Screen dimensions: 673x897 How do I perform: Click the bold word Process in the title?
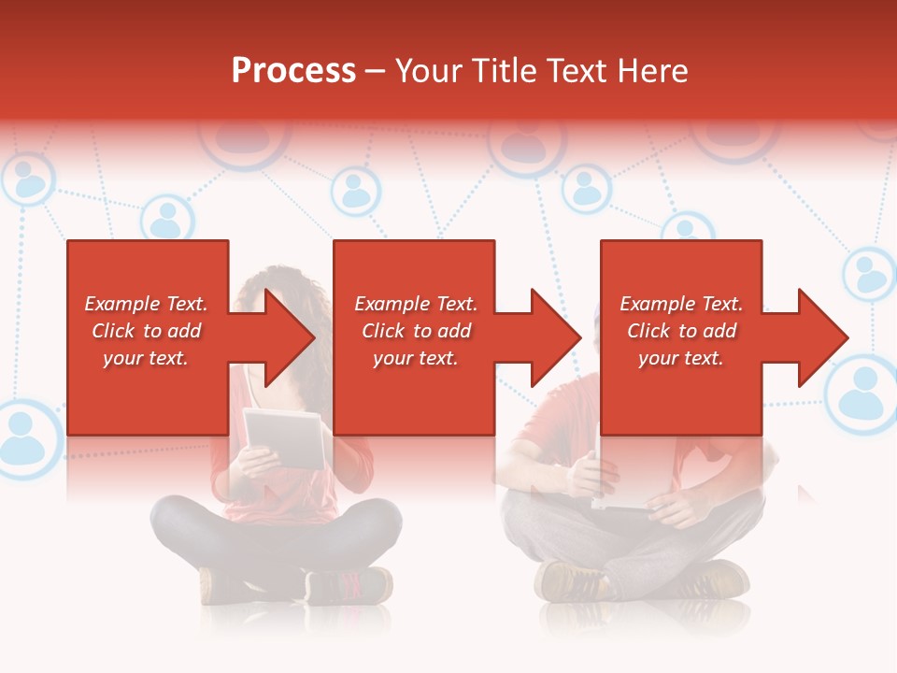pyautogui.click(x=293, y=71)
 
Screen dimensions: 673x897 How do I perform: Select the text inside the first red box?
pyautogui.click(x=146, y=331)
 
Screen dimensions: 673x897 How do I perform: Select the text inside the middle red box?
pyautogui.click(x=415, y=331)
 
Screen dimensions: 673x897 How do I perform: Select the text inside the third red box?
pyautogui.click(x=681, y=331)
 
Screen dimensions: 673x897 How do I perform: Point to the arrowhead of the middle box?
pyautogui.click(x=555, y=337)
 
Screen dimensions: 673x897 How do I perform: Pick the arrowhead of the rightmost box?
pyautogui.click(x=822, y=337)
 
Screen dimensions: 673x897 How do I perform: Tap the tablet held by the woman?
pyautogui.click(x=285, y=437)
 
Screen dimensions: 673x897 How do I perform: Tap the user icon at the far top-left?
pyautogui.click(x=28, y=180)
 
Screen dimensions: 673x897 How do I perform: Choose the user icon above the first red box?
pyautogui.click(x=166, y=221)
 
